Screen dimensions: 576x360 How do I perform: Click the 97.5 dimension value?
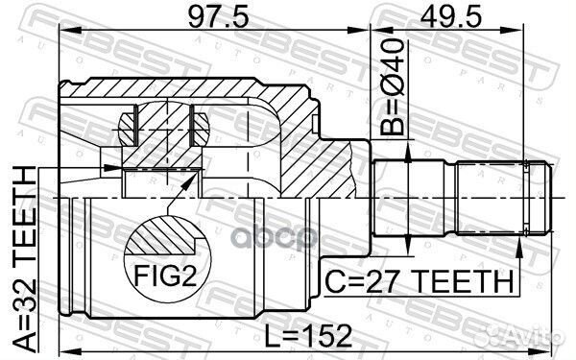coord(218,17)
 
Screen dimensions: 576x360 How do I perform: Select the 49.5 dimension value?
coord(450,17)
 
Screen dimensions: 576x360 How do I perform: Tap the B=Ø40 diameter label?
coord(392,86)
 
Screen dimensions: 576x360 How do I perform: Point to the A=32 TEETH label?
coord(25,261)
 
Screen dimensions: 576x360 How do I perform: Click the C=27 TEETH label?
coord(420,281)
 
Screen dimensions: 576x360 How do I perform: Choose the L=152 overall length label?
coord(308,335)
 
